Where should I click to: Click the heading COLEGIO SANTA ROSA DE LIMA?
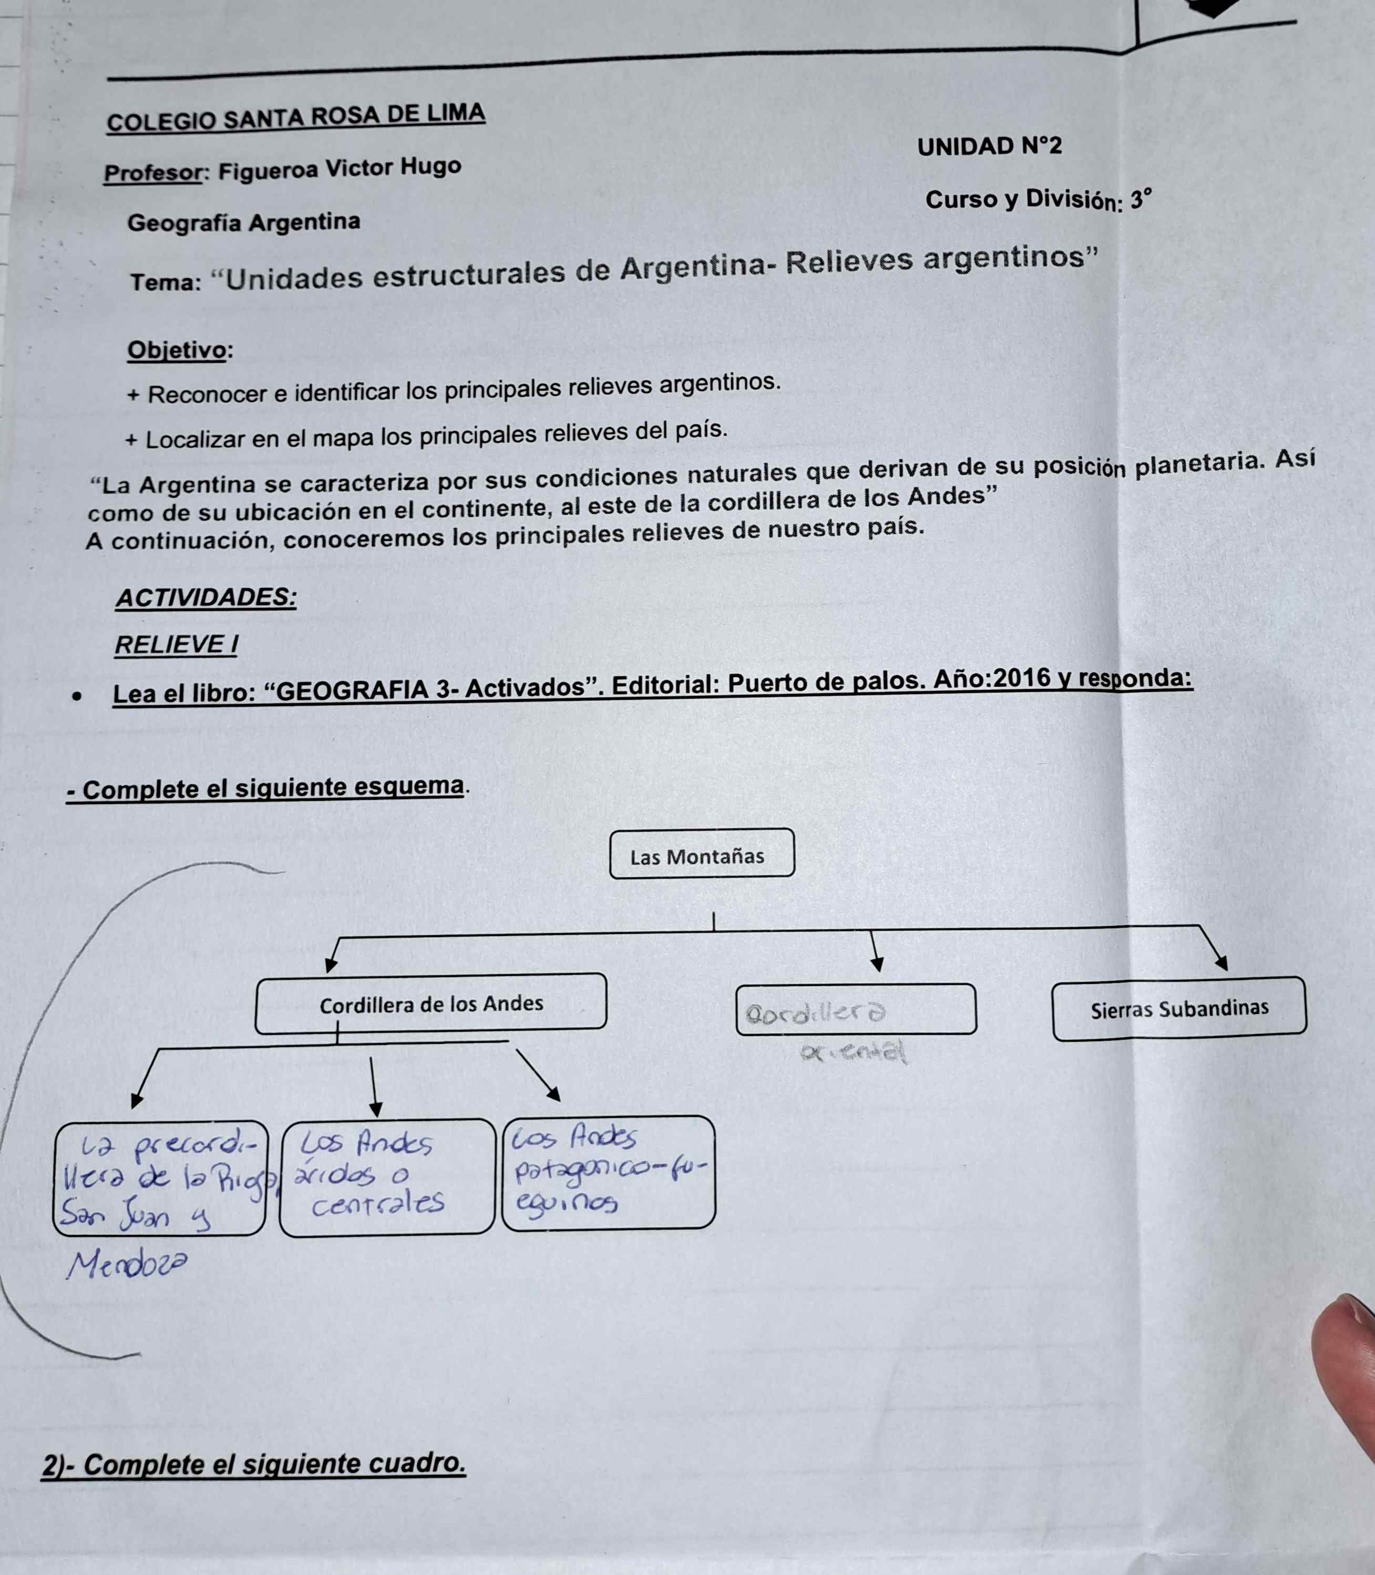tap(295, 117)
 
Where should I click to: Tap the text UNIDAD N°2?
tap(989, 146)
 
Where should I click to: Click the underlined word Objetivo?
tap(177, 350)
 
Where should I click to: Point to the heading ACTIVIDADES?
tap(206, 597)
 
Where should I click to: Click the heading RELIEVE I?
tap(176, 645)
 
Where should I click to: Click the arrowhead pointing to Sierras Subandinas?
tap(1222, 962)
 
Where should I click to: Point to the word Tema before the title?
tap(164, 282)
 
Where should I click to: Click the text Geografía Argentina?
tap(243, 222)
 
